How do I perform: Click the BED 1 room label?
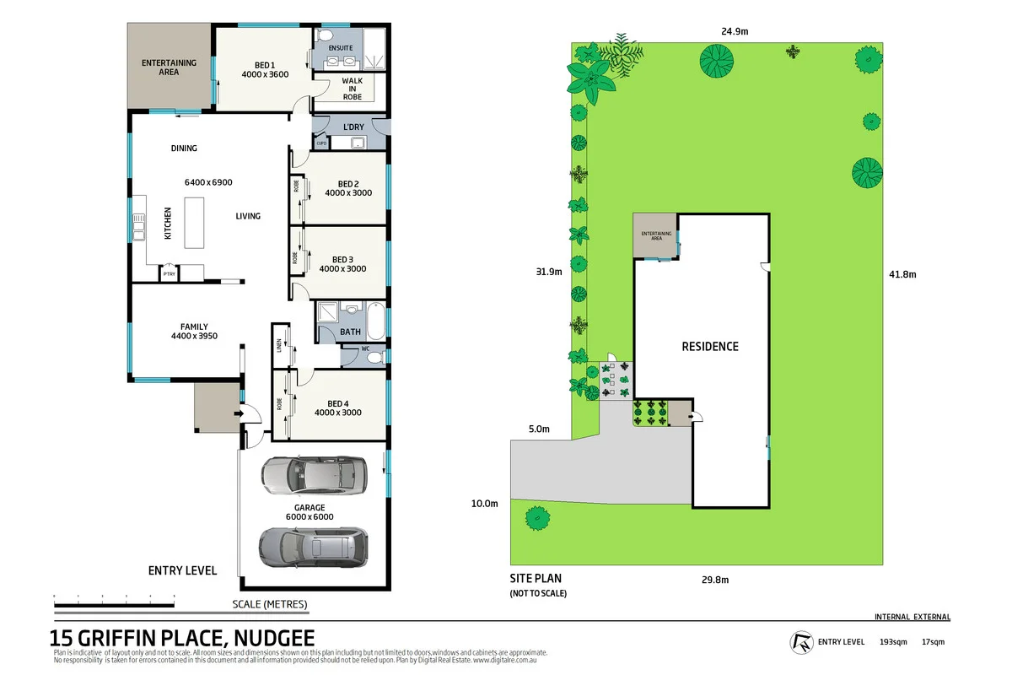tap(265, 65)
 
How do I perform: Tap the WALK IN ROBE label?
tap(352, 89)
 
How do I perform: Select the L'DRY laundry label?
tap(353, 127)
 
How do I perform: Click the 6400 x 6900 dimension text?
tap(208, 182)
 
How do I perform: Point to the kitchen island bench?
tap(194, 223)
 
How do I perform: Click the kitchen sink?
tap(137, 224)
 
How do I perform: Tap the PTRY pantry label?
tap(169, 273)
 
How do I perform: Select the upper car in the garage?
tap(314, 476)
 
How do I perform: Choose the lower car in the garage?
tap(314, 548)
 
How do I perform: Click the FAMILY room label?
tap(194, 327)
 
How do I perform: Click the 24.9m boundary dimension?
tap(735, 31)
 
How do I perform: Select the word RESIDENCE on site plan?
tap(710, 346)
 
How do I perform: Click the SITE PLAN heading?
tap(536, 579)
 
